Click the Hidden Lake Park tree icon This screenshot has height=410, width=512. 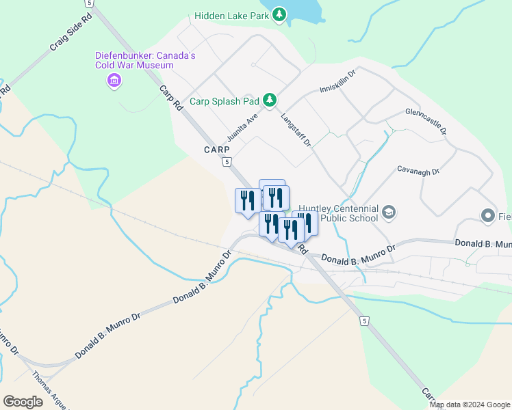(279, 14)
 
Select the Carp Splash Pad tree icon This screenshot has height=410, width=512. (270, 100)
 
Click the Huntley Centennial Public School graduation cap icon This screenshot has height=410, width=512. (389, 212)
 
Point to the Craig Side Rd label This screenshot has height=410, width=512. (70, 36)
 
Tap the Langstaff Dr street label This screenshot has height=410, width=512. (296, 130)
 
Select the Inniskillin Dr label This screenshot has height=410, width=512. (338, 81)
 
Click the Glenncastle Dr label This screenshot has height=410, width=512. (426, 120)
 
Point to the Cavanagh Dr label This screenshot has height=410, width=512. (418, 171)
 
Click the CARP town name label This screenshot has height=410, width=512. (216, 149)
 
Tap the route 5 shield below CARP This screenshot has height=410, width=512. (226, 162)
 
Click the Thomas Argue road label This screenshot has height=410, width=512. (50, 390)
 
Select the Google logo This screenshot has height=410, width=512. (23, 401)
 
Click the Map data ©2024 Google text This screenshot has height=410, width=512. (470, 405)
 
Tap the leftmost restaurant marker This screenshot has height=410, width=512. (247, 200)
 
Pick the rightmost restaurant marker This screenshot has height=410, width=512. (305, 222)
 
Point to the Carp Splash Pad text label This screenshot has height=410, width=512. (225, 101)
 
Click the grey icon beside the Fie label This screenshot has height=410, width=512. (488, 217)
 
